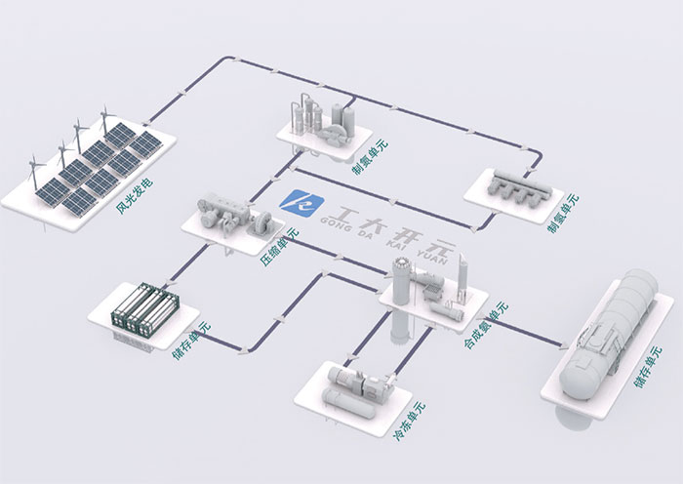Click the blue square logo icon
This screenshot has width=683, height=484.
click(x=295, y=201)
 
